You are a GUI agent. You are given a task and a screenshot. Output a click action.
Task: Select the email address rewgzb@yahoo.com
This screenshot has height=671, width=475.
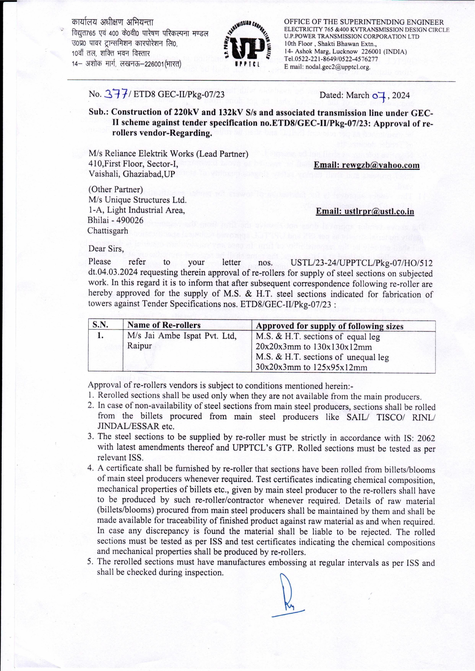(367, 165)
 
